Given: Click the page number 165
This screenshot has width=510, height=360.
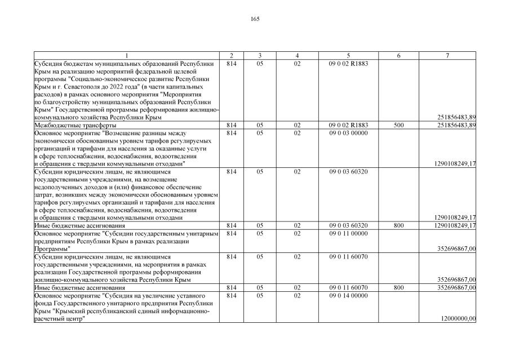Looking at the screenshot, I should [255, 19].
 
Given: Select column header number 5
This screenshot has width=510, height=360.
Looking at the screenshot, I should [348, 55].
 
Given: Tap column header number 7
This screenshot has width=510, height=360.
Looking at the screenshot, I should [447, 55].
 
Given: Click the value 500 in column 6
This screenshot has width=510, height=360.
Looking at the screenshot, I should [398, 125].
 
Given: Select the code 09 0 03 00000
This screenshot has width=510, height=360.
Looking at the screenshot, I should [348, 133].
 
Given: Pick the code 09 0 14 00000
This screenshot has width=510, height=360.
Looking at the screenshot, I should [348, 295].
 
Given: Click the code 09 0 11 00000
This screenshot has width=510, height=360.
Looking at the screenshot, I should [348, 233].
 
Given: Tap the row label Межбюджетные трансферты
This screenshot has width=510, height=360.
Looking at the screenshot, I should [68, 125].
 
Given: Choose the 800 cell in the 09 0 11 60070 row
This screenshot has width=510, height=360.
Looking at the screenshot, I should [398, 287].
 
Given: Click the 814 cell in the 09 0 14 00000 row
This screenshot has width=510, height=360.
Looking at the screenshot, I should [231, 295].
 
